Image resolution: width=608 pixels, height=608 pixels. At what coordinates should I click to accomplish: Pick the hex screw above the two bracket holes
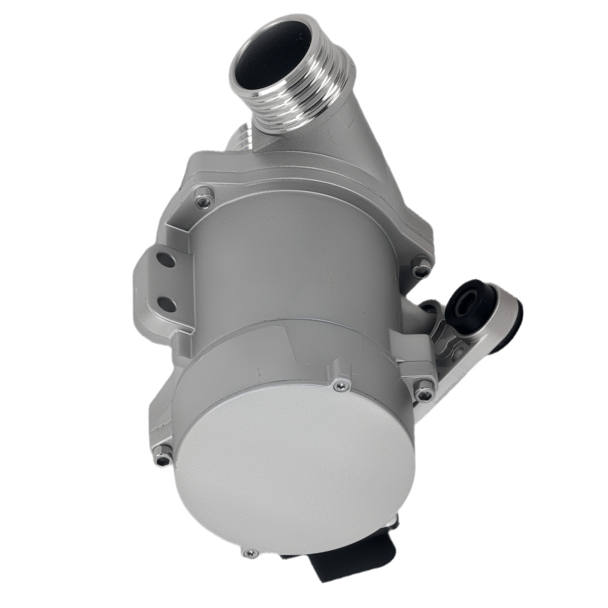pos(204,199)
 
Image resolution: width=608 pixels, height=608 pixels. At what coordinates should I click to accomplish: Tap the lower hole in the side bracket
pos(166,302)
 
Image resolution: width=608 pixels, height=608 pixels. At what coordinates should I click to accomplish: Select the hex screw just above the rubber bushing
pos(421,266)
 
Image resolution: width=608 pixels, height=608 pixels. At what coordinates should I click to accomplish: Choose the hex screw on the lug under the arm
pos(424,392)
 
